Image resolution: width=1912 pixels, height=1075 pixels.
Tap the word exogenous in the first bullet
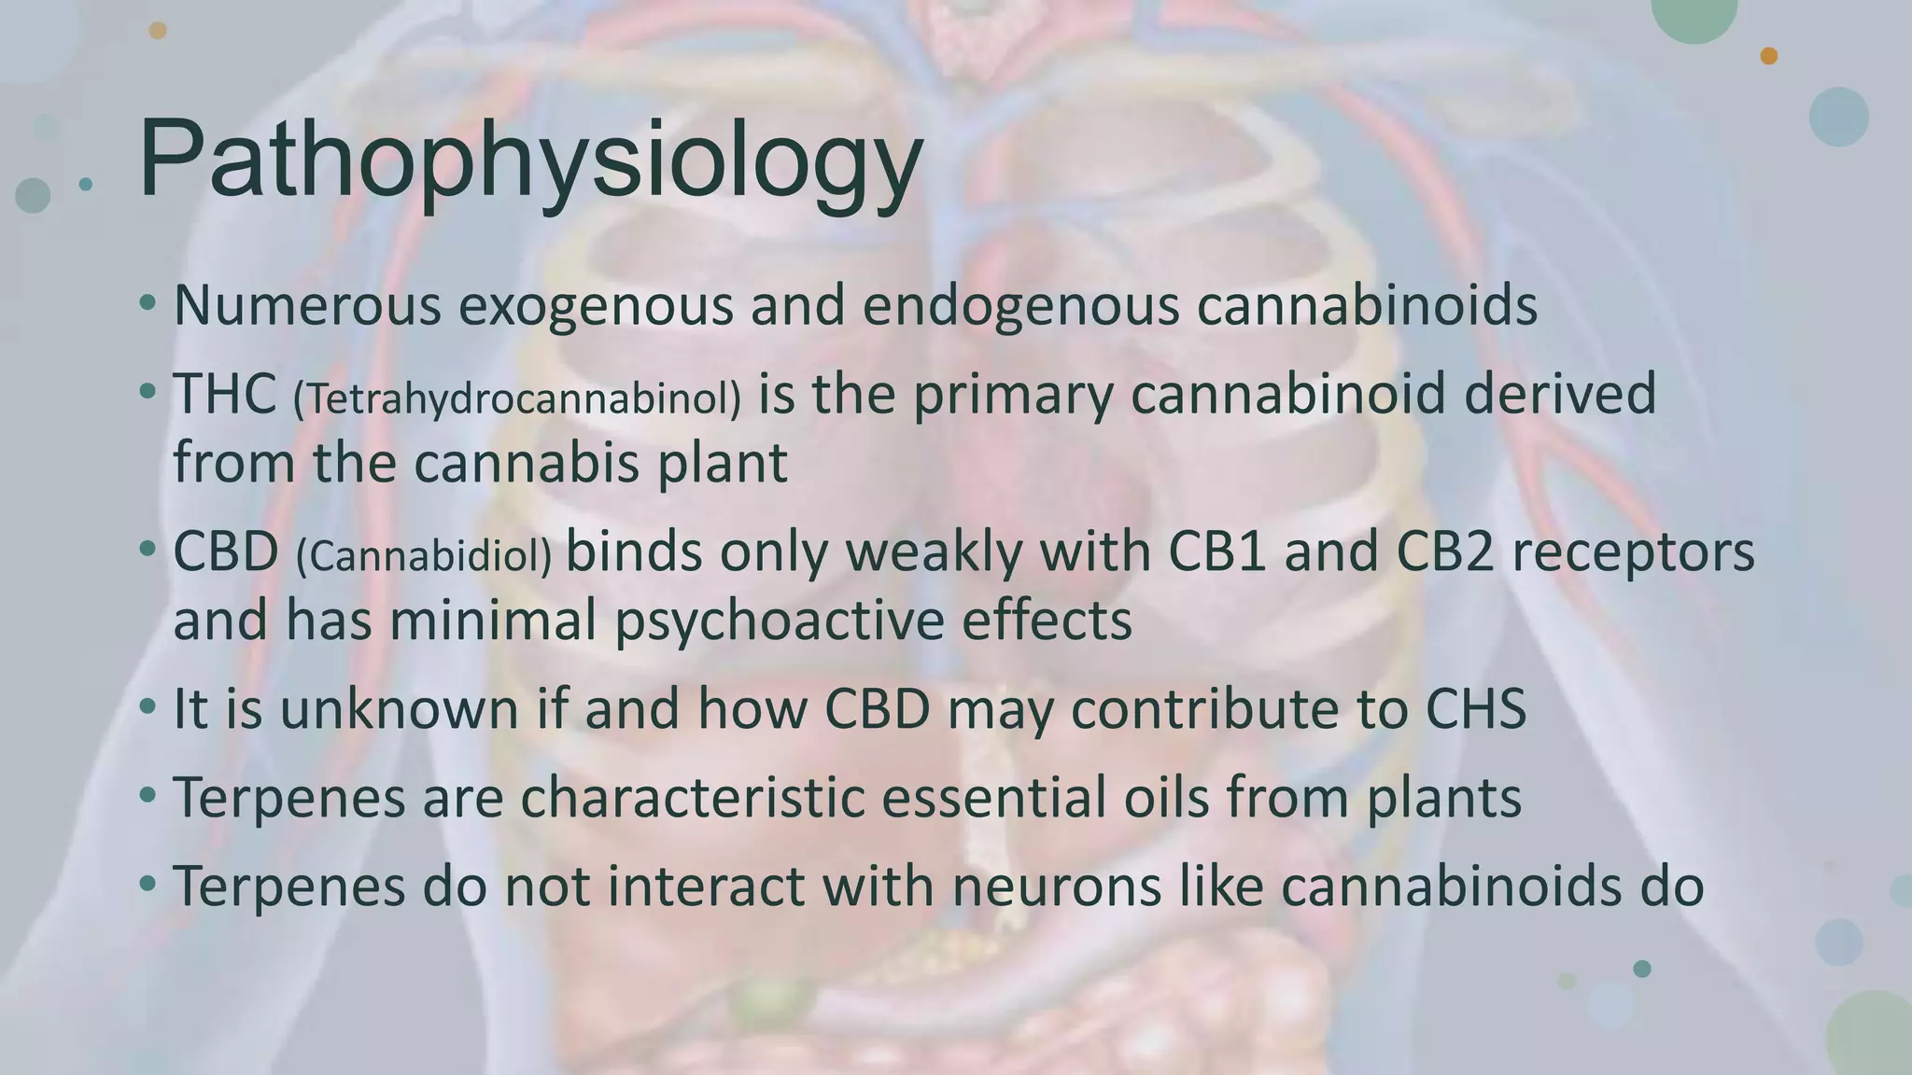click(596, 306)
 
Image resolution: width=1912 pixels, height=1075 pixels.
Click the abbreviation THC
click(224, 394)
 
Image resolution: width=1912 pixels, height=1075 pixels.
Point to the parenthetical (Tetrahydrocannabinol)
click(516, 398)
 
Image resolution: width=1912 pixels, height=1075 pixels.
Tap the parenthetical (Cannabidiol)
click(424, 556)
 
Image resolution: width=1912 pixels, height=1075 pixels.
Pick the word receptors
click(1633, 553)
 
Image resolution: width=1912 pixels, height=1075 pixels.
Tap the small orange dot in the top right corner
click(1768, 56)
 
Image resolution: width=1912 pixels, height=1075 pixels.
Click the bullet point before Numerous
click(148, 302)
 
